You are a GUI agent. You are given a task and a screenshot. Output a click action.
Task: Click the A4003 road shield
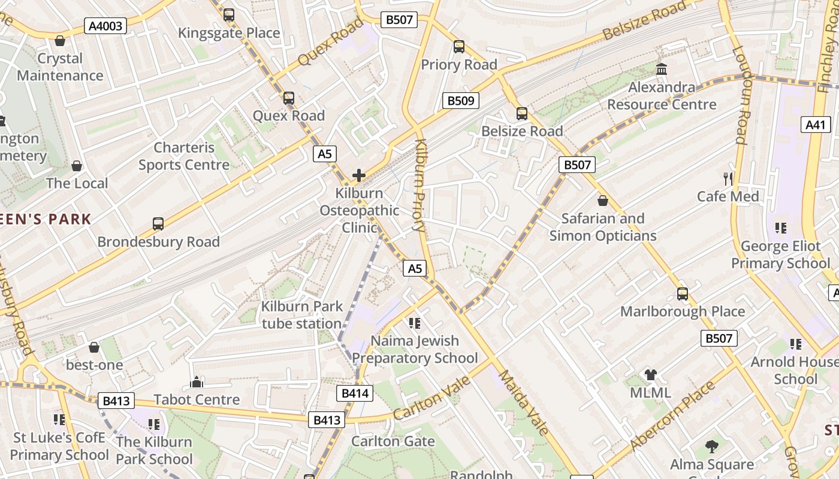tap(105, 26)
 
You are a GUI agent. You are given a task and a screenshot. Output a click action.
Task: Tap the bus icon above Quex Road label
tap(289, 98)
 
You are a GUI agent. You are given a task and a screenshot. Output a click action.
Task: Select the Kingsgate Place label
tap(229, 33)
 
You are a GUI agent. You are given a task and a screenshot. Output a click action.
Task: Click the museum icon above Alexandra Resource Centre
tap(662, 69)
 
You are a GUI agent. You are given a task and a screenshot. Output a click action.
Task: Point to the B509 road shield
tap(461, 101)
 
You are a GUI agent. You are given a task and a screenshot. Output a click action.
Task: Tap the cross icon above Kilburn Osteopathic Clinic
tap(359, 175)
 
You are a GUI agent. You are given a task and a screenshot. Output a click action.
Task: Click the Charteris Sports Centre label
tap(184, 156)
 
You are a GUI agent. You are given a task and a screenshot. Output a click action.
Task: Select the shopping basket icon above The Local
tap(77, 166)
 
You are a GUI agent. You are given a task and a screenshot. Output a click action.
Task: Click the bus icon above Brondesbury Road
tap(158, 224)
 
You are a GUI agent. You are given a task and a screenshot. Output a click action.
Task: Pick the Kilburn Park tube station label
tap(302, 315)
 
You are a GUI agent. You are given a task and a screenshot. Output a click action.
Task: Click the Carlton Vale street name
tap(424, 398)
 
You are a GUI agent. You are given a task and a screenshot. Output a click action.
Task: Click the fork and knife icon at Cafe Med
tap(728, 178)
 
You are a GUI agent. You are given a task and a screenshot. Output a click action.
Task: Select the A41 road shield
tap(816, 125)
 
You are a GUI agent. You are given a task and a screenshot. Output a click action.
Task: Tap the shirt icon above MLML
tap(651, 375)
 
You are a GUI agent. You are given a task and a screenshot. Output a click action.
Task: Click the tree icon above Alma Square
tap(712, 446)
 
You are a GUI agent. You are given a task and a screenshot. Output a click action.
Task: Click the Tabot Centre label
tap(197, 399)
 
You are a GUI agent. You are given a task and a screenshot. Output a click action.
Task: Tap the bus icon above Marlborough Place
tap(683, 294)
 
